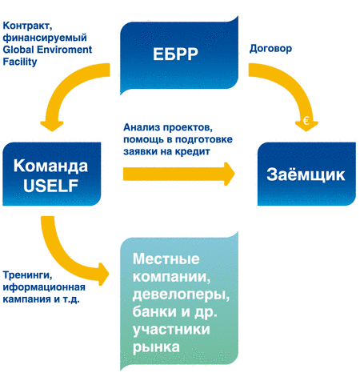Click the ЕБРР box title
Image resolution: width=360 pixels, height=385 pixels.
[x=175, y=54]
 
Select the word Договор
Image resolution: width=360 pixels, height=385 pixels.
[x=270, y=49]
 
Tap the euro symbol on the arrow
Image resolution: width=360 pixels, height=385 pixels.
[x=306, y=121]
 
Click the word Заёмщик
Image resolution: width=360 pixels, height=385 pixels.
[x=306, y=174]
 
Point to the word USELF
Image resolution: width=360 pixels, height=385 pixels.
[x=50, y=186]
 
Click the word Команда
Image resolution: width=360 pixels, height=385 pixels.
[x=50, y=166]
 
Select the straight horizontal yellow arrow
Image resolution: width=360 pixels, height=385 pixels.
[x=178, y=174]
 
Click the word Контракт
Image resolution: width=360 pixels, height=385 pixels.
[x=27, y=26]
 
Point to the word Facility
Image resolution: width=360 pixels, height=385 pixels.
[x=20, y=62]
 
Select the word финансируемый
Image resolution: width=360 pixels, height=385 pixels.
[x=45, y=38]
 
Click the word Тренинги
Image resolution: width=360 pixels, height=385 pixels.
[x=27, y=275]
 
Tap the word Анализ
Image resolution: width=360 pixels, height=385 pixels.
[x=142, y=127]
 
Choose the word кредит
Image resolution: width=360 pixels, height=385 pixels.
[x=193, y=151]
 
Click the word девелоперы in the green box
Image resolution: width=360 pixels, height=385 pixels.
[x=181, y=295]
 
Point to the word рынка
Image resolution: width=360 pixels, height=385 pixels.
[x=156, y=347]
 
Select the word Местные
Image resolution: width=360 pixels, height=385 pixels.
[x=166, y=259]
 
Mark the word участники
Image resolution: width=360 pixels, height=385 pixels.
[x=171, y=330]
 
